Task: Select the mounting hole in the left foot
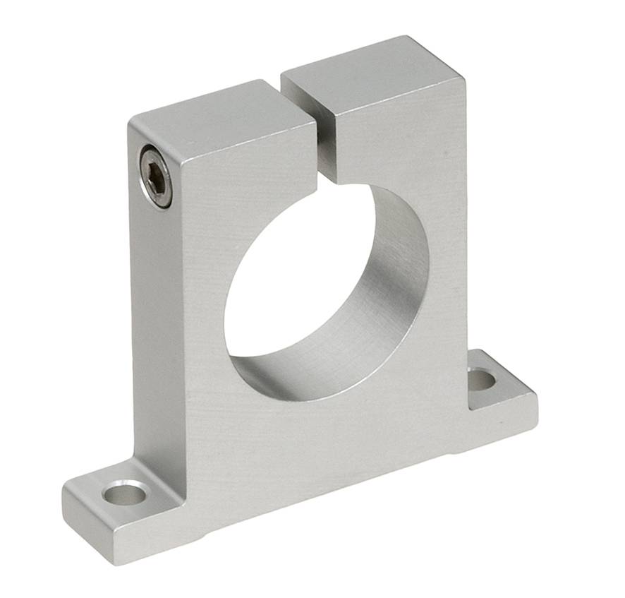click(x=125, y=494)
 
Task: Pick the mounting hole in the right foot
click(x=481, y=380)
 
